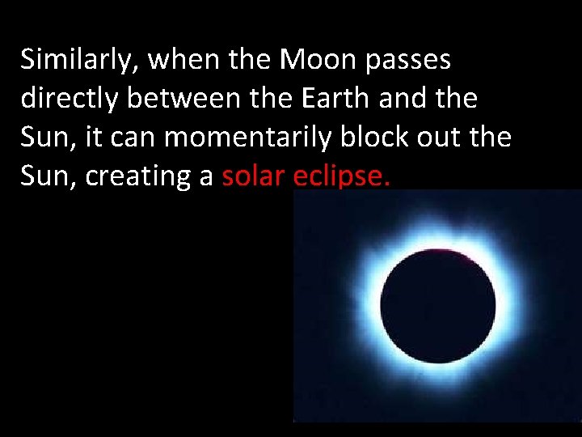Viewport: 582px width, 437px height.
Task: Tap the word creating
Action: click(134, 176)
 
